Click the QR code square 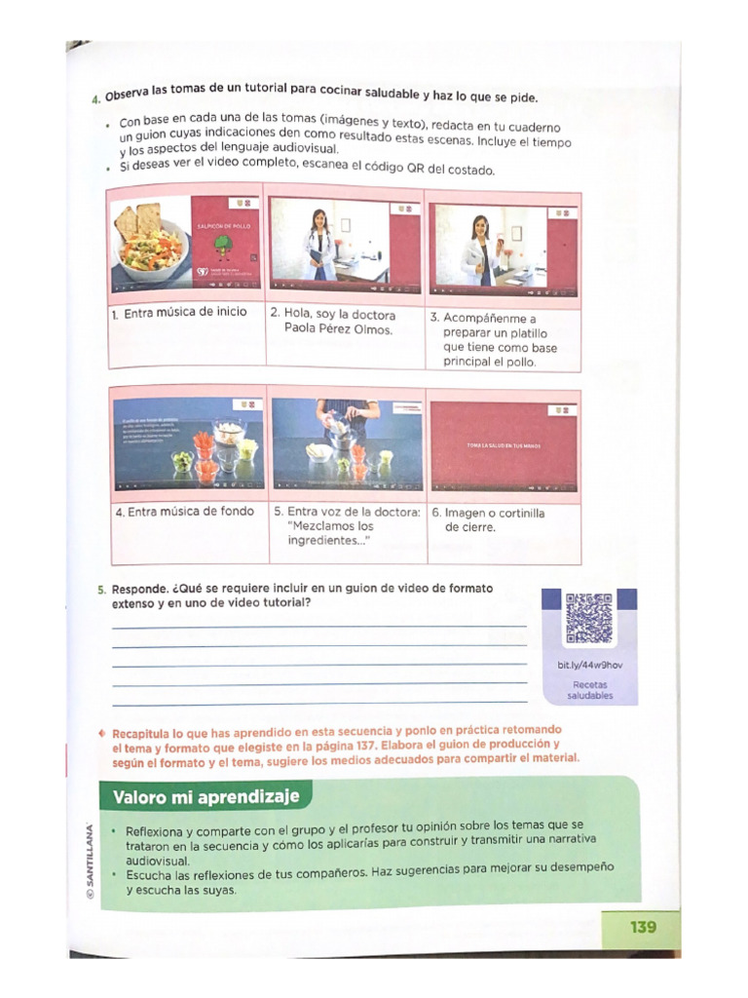tap(589, 618)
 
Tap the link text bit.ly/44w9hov tap(590, 665)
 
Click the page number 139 tap(642, 927)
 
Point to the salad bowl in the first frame tap(151, 249)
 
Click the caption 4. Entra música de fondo tap(185, 511)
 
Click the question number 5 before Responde tap(101, 590)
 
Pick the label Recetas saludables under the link tap(590, 690)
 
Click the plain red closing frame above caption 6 tap(504, 444)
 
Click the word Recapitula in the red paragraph tap(144, 730)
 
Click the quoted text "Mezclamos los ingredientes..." tap(332, 532)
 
